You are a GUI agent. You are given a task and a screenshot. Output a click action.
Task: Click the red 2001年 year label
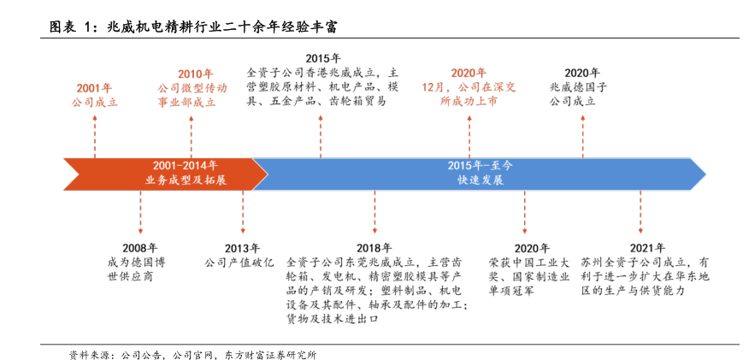click(x=94, y=87)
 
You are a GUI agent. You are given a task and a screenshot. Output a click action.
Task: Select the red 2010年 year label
click(x=196, y=74)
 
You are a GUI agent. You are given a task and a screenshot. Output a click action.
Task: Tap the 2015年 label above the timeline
click(x=317, y=58)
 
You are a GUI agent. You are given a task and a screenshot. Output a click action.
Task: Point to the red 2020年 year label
click(x=469, y=73)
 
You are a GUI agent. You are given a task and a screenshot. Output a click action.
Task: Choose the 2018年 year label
click(x=374, y=248)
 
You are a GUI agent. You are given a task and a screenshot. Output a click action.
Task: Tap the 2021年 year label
click(x=640, y=248)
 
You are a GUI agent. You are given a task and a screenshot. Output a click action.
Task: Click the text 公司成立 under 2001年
click(x=94, y=101)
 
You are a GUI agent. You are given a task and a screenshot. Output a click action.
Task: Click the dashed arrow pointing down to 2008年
click(x=140, y=210)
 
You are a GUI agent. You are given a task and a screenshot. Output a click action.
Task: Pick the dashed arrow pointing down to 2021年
click(x=640, y=210)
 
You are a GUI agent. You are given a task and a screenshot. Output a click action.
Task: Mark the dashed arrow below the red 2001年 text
click(x=94, y=133)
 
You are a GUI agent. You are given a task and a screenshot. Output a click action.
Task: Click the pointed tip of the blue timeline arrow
click(x=704, y=174)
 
